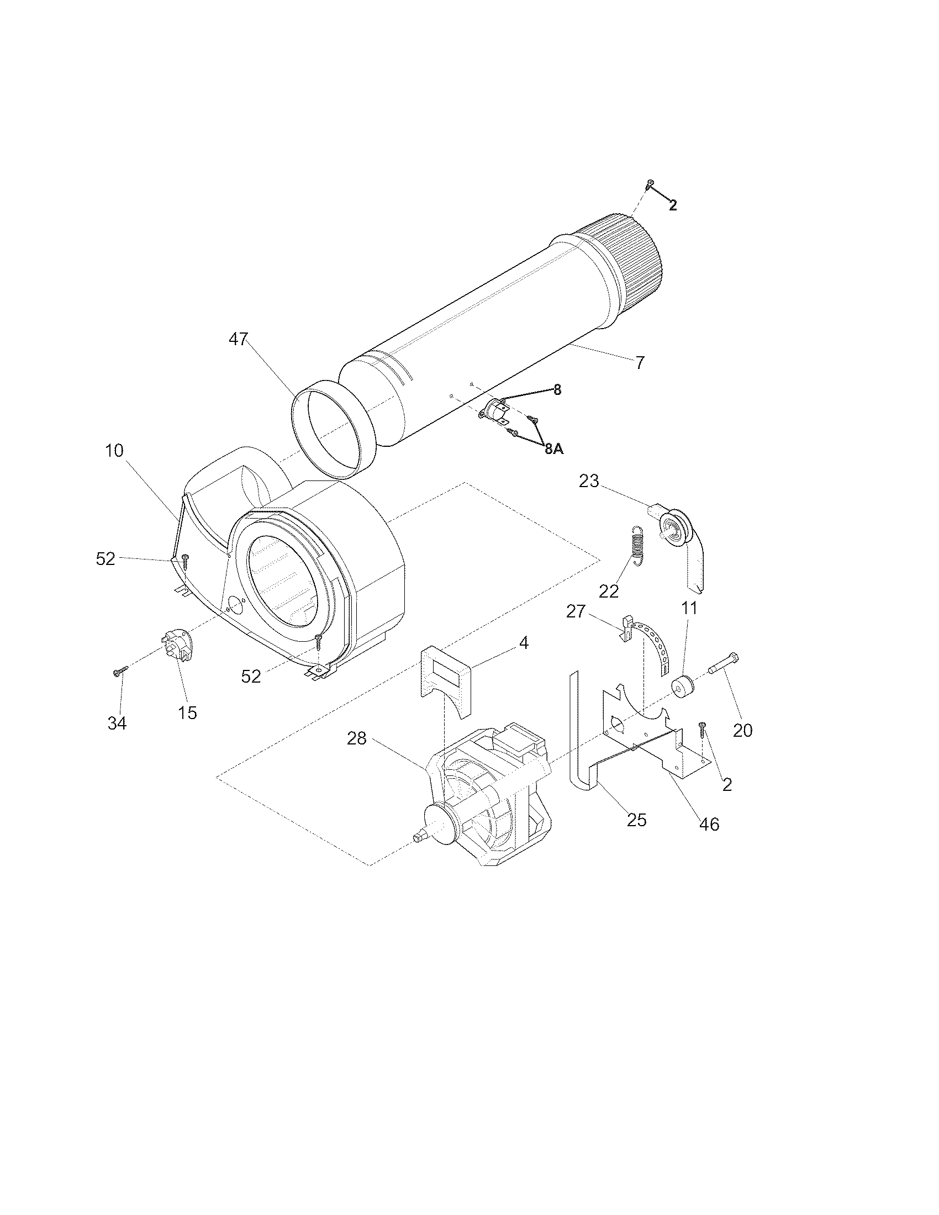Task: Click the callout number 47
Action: click(x=238, y=339)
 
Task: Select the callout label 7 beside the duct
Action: click(x=640, y=363)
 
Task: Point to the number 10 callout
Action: click(x=114, y=450)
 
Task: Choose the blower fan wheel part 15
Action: click(x=177, y=647)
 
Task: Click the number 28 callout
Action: click(x=357, y=739)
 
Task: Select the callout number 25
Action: click(x=637, y=819)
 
